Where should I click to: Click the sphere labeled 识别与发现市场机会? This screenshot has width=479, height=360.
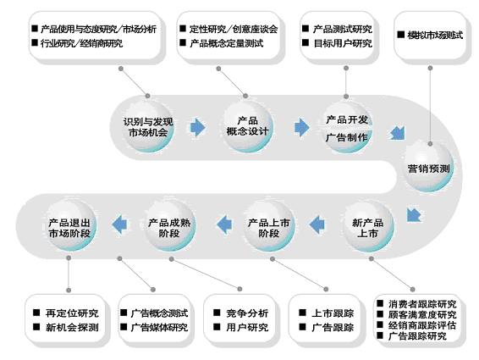point(148,126)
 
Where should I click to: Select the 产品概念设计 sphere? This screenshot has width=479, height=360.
point(247,126)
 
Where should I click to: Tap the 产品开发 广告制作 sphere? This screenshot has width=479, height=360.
point(347,127)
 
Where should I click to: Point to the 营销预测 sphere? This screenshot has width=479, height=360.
point(428,167)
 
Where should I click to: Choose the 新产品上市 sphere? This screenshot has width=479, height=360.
point(368,226)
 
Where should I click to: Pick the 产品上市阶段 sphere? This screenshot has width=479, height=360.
point(268,226)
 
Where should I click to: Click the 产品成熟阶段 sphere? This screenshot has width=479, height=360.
point(169,226)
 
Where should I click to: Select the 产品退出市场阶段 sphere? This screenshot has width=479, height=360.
point(70,226)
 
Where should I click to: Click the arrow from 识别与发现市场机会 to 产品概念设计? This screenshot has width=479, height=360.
point(198,127)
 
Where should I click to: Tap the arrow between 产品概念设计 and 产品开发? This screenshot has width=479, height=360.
point(302,127)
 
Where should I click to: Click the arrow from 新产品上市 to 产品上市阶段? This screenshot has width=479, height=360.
point(317,224)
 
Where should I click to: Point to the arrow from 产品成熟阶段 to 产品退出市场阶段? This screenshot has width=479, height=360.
point(119,224)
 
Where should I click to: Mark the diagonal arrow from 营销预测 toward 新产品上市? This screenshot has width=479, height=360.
point(414,214)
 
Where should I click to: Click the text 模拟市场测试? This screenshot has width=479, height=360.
point(435,36)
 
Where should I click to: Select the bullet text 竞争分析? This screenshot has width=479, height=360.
point(247,313)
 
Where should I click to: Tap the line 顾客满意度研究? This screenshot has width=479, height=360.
point(422,315)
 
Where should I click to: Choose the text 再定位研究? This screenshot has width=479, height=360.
point(72,313)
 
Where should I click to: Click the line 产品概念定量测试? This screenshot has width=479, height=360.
point(226,43)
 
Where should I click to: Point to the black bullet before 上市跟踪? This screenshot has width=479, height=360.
point(302,313)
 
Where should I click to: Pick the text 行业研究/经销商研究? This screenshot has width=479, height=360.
point(81,43)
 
